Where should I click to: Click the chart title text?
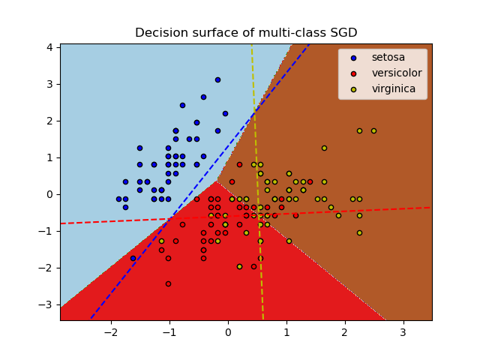(246, 33)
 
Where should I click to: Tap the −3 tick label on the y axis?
(49, 304)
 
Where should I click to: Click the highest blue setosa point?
(217, 79)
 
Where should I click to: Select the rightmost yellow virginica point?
(373, 130)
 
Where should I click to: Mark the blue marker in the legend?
(352, 58)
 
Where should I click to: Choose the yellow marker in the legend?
(352, 89)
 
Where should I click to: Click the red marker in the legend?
(352, 73)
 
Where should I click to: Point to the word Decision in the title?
(160, 33)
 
